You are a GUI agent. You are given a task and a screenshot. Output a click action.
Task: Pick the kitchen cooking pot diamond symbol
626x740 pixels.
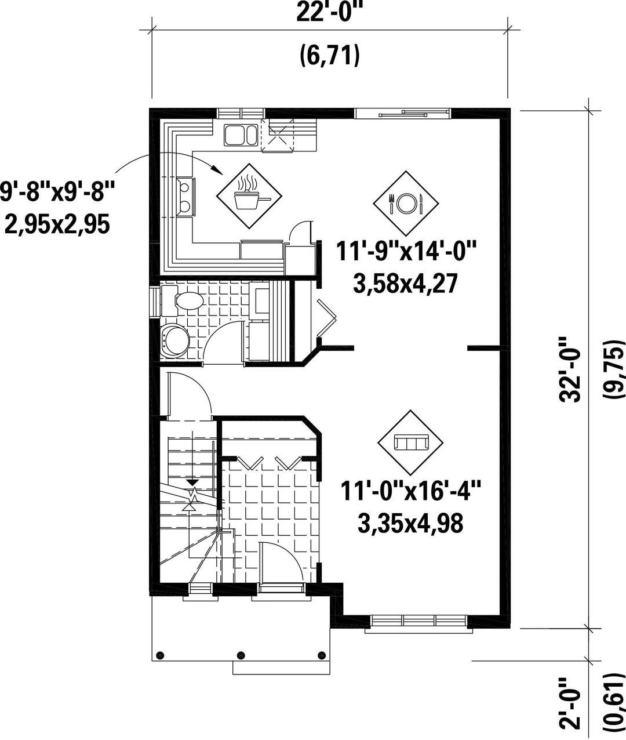coord(249,196)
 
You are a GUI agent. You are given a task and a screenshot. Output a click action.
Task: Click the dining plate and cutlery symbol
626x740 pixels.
coord(406,203)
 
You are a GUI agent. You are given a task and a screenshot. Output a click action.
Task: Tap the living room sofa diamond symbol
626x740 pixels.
coord(410,442)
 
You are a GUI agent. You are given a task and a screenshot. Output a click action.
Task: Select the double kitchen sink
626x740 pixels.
coord(241,135)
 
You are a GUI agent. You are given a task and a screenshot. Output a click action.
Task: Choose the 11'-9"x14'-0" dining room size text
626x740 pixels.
coord(406,252)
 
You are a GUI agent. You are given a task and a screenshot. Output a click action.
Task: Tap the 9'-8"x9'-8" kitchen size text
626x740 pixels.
coord(57,192)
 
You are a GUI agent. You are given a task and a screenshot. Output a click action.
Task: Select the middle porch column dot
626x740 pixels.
coord(241,655)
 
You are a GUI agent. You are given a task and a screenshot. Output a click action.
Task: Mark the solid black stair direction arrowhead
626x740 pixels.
coord(194,483)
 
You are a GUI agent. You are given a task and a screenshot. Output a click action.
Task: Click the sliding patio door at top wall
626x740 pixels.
coord(403,113)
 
